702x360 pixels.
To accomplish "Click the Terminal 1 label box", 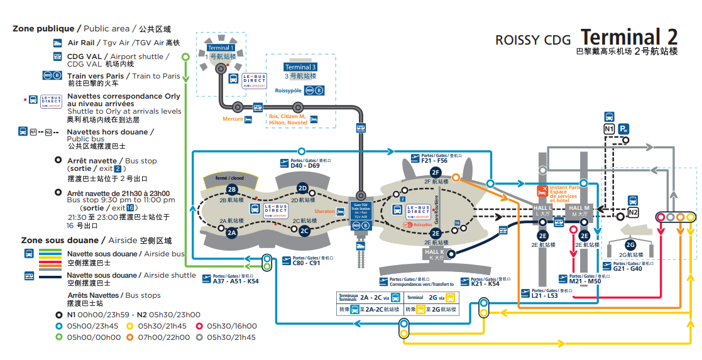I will pyautogui.click(x=221, y=48).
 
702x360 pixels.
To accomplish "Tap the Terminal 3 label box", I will pyautogui.click(x=300, y=67).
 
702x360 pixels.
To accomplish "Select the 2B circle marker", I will pyautogui.click(x=231, y=189).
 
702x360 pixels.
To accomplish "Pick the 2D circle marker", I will pyautogui.click(x=302, y=188).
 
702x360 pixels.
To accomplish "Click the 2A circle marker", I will pyautogui.click(x=231, y=232).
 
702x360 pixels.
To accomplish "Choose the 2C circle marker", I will pyautogui.click(x=304, y=231).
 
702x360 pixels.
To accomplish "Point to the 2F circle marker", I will pyautogui.click(x=435, y=172).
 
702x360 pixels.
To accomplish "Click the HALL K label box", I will pyautogui.click(x=434, y=253).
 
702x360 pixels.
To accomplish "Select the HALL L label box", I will pyautogui.click(x=542, y=210).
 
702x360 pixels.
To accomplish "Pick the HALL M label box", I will pyautogui.click(x=579, y=210).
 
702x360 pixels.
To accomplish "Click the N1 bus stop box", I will pyautogui.click(x=609, y=129).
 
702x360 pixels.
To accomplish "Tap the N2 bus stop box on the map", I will pyautogui.click(x=633, y=212).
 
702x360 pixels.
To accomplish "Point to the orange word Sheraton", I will pyautogui.click(x=326, y=212).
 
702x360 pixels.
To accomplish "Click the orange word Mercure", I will pyautogui.click(x=233, y=119).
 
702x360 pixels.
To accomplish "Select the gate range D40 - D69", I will pyautogui.click(x=305, y=166).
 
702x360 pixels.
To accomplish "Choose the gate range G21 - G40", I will pyautogui.click(x=627, y=268).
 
